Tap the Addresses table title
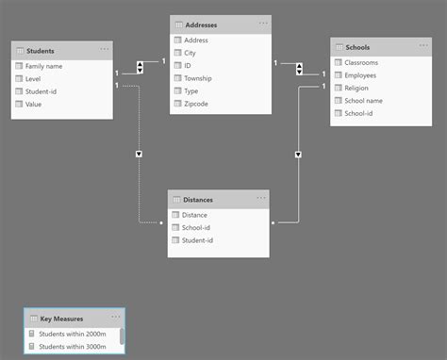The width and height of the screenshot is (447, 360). [x=206, y=24]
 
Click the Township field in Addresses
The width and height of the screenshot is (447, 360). [x=201, y=78]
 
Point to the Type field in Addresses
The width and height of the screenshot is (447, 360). [x=193, y=91]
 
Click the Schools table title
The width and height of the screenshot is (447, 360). [x=358, y=46]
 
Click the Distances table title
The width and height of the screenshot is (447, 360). [x=198, y=199]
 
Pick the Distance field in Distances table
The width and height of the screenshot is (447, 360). [x=197, y=215]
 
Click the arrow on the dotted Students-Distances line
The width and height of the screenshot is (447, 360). [x=139, y=153]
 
